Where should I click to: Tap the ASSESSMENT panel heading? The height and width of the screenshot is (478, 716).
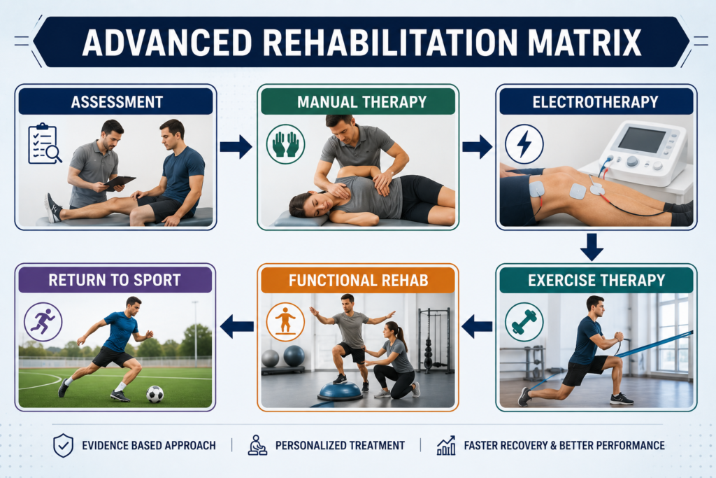pos(117,102)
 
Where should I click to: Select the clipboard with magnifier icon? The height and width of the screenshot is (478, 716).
pos(44,143)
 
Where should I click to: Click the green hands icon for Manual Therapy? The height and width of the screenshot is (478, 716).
pos(286,144)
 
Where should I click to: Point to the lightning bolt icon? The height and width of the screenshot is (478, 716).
pos(524,144)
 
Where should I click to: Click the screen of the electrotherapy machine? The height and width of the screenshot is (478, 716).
pos(642,140)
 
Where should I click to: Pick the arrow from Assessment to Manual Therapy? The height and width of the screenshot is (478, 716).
pos(236,147)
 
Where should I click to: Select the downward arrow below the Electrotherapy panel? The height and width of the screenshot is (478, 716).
pos(592,247)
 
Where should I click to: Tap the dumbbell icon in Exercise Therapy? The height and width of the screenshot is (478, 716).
pos(524,322)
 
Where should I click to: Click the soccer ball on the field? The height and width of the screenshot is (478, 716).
pos(155,394)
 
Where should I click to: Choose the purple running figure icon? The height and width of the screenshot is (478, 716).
pos(43,322)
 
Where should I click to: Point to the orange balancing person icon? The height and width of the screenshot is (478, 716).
pos(285,322)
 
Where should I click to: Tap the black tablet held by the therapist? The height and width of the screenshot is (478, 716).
pos(120,181)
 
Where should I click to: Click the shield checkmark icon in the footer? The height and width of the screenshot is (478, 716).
pos(63,446)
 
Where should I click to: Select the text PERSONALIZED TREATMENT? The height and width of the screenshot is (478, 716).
pos(341,446)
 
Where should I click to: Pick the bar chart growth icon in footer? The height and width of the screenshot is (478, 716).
pos(446,446)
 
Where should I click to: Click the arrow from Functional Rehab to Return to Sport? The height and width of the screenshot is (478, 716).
pos(236,326)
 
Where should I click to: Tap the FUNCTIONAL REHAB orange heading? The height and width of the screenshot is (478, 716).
pos(359,280)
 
